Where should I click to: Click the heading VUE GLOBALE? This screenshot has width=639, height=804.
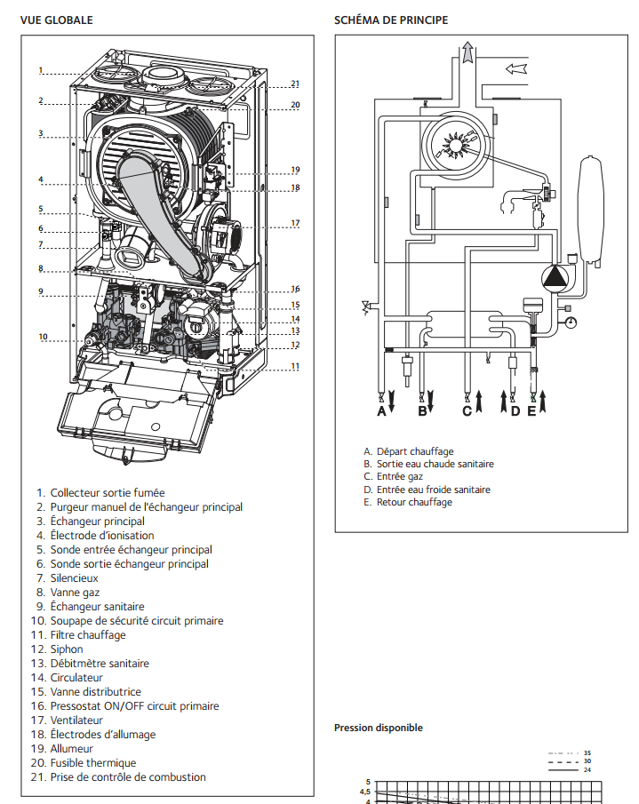click(56, 20)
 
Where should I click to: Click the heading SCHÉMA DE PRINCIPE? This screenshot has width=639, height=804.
click(391, 20)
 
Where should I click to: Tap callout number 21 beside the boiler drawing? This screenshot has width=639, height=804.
click(295, 84)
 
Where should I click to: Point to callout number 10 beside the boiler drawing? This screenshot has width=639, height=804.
click(43, 337)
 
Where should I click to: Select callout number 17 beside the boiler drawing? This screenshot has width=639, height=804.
click(295, 223)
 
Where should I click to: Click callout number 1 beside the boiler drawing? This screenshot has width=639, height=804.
click(41, 70)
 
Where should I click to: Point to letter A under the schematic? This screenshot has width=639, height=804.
click(381, 411)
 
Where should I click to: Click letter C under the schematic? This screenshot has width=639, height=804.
click(467, 411)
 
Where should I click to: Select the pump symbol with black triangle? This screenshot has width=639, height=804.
click(555, 277)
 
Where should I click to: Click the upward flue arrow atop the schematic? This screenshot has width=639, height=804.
click(467, 52)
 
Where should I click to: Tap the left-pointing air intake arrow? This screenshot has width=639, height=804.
click(516, 68)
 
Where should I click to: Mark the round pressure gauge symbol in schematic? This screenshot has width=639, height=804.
click(571, 322)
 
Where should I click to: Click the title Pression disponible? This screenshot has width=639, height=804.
click(379, 728)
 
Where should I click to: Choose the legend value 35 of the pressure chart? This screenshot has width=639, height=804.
click(587, 753)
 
